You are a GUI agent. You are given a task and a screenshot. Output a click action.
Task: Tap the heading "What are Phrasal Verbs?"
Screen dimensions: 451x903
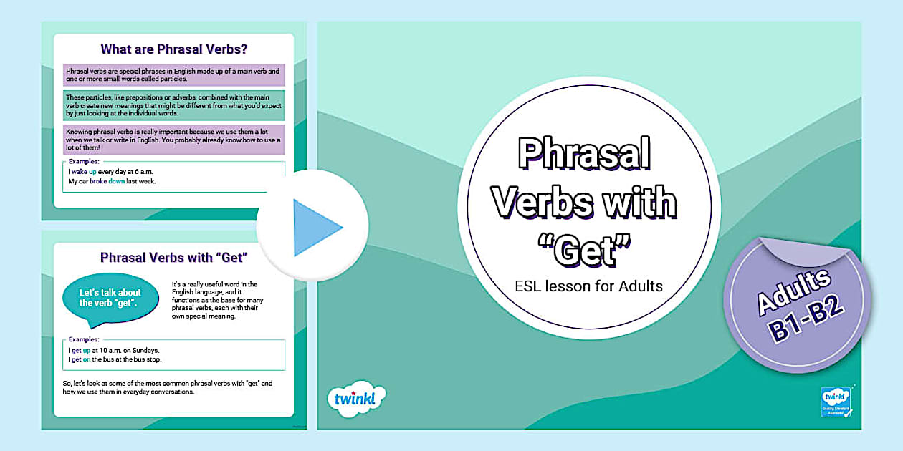[173, 49]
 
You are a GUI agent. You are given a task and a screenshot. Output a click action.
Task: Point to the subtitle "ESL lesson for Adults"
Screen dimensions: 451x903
[588, 286]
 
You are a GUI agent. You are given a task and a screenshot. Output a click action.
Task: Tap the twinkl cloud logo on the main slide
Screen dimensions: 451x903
[355, 399]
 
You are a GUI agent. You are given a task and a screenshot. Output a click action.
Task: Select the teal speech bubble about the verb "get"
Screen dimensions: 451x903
[110, 297]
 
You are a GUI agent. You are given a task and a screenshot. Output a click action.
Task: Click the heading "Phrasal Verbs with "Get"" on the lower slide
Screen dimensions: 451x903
[173, 258]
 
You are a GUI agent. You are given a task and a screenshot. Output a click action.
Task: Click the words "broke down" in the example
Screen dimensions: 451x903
[107, 181]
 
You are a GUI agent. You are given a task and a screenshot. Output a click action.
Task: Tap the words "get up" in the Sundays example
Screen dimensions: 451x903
[81, 350]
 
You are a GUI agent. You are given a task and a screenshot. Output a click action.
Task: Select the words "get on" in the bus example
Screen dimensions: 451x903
[81, 359]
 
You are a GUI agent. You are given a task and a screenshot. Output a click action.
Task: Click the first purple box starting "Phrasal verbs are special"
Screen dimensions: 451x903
[173, 75]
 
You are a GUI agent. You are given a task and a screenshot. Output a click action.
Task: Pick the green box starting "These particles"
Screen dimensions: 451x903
[173, 105]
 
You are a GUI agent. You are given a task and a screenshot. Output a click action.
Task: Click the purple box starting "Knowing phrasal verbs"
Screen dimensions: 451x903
[173, 140]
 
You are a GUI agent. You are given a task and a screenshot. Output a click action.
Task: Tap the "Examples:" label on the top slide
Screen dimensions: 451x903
[84, 162]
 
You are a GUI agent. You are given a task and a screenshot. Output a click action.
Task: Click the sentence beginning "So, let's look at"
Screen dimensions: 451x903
[168, 387]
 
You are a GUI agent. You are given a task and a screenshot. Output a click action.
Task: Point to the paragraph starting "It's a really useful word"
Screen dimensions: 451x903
[218, 300]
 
